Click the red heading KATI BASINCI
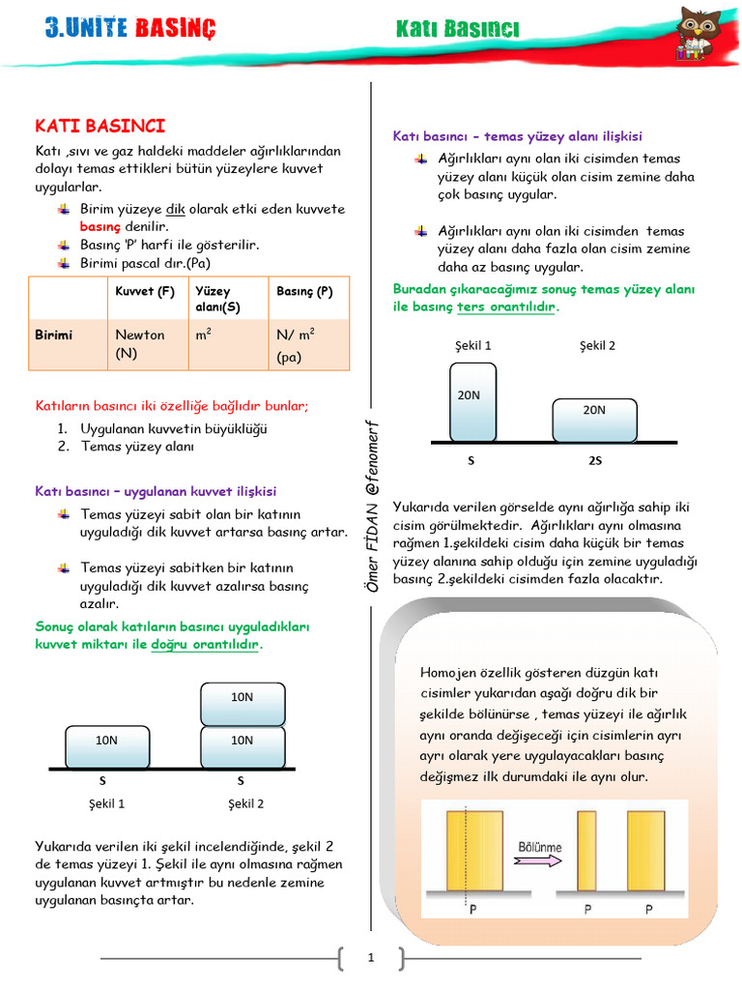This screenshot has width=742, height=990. coord(100,126)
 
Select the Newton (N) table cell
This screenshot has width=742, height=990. coord(140,344)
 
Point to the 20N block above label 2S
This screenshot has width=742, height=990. coord(594,418)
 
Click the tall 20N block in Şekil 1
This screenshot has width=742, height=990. coord(472,401)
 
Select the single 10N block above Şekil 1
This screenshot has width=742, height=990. coord(106,746)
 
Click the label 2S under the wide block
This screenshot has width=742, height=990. coord(595,461)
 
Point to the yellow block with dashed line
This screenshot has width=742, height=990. coord(474,851)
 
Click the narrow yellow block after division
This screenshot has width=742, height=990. coord(586,851)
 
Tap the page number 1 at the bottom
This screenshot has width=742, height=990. coord(370,958)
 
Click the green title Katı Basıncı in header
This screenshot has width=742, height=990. coord(457,29)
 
